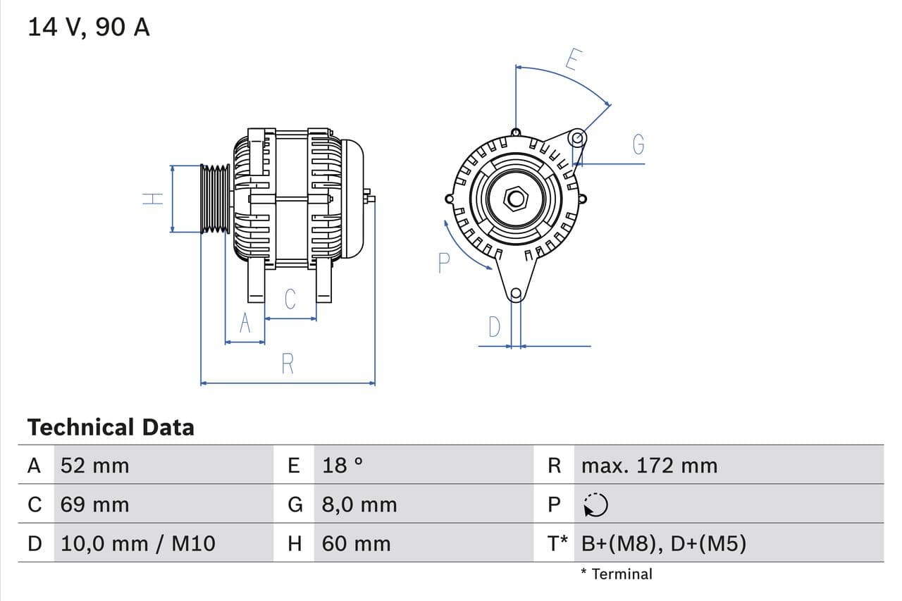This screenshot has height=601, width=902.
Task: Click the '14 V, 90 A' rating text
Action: pos(89,27)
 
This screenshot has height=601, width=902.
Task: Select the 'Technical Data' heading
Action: pos(111,427)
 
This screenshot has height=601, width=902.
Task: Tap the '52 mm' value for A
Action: pos(95,466)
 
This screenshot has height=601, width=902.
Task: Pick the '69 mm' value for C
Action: pos(95,504)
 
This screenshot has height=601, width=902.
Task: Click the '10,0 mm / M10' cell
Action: pos(138,543)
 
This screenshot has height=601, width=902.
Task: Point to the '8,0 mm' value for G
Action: pos(359,504)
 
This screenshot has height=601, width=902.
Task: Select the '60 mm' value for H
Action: pos(356,543)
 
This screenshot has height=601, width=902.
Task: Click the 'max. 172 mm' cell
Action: pos(649,466)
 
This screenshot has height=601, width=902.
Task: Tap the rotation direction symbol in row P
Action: pos(595,504)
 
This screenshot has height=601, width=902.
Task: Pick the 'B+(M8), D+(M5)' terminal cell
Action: pos(663,543)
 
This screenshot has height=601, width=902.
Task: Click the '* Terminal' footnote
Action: pos(617,574)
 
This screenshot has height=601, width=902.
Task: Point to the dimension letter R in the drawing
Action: pos(288,364)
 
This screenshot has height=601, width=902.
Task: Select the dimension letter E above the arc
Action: pos(572,61)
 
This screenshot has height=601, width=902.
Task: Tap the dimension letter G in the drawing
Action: pos(638,144)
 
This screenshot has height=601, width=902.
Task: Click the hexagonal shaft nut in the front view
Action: pos(516,199)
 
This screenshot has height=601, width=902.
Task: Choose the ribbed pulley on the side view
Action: pos(215,199)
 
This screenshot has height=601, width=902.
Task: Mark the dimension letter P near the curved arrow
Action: pos(443,263)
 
